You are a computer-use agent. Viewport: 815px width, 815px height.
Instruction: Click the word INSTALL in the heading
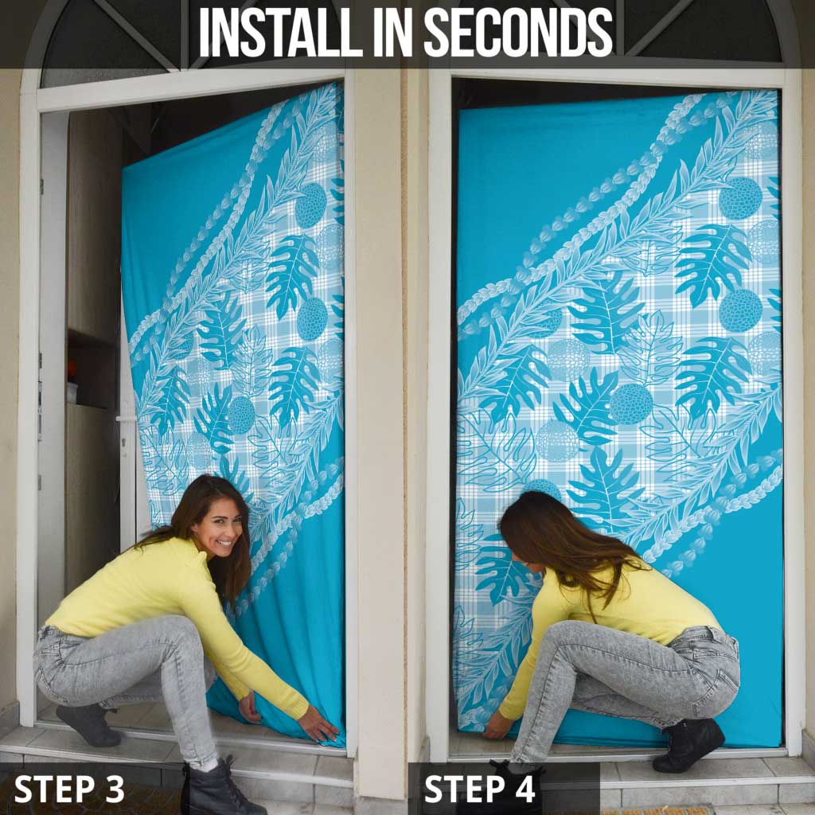point(271,33)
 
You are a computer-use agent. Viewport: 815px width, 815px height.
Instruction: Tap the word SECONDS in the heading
point(517,33)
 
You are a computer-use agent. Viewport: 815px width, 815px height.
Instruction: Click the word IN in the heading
point(384,33)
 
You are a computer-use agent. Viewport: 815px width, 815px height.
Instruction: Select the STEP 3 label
point(69,789)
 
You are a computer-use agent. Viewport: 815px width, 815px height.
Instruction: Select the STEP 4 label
point(479,789)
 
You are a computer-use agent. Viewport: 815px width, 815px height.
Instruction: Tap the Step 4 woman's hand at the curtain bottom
point(497,725)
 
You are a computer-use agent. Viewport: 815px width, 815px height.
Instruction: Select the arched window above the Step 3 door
point(111,40)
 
